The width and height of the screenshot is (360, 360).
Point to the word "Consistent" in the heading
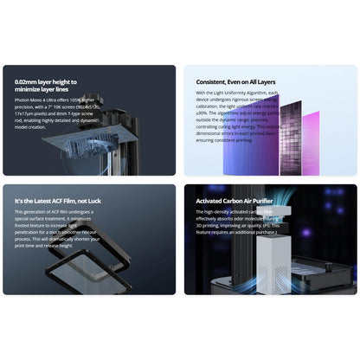click(212, 82)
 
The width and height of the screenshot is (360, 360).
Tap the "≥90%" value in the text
click(201, 112)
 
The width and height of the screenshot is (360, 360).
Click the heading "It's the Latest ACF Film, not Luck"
click(56, 201)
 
